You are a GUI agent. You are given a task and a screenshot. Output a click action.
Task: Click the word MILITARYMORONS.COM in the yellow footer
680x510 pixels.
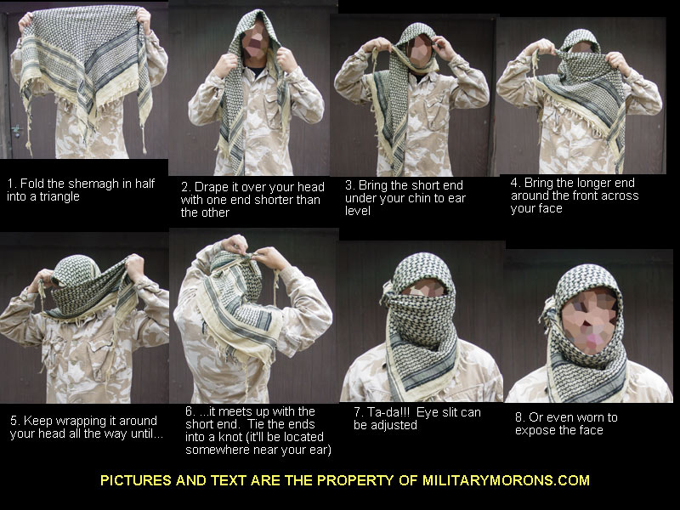point(506,480)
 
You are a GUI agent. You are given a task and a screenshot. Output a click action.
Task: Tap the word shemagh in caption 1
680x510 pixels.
point(101,184)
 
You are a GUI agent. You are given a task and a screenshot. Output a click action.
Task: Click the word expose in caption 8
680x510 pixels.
point(535,430)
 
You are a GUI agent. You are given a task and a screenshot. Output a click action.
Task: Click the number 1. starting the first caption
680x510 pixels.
point(12,184)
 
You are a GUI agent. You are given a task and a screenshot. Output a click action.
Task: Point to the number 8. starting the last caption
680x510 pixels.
point(520,417)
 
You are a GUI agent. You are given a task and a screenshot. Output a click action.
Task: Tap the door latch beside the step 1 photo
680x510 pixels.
point(16,130)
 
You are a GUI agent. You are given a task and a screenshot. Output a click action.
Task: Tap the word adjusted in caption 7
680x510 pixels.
point(395,425)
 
